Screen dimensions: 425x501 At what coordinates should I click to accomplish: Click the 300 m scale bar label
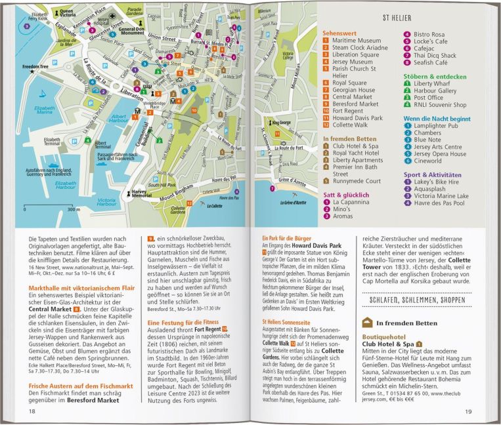[73, 210]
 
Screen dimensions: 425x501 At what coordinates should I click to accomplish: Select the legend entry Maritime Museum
[355, 40]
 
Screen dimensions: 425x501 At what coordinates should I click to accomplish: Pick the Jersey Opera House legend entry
[440, 153]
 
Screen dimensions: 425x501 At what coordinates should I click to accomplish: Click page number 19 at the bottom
[468, 411]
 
